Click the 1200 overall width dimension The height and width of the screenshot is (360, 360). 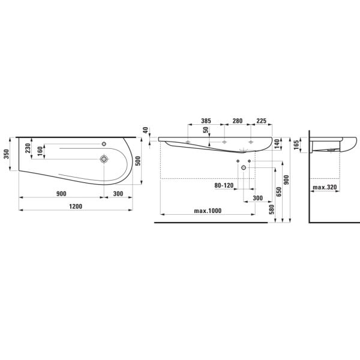pos(75,206)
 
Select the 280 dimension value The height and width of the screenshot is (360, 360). pos(237,121)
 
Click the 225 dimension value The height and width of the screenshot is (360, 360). pos(262,121)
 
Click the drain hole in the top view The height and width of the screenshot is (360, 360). pos(105,160)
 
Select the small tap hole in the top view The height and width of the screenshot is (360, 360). pos(104,144)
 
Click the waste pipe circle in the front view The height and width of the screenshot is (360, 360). pos(244,169)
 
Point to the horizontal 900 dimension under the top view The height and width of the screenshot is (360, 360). pos(61,194)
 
